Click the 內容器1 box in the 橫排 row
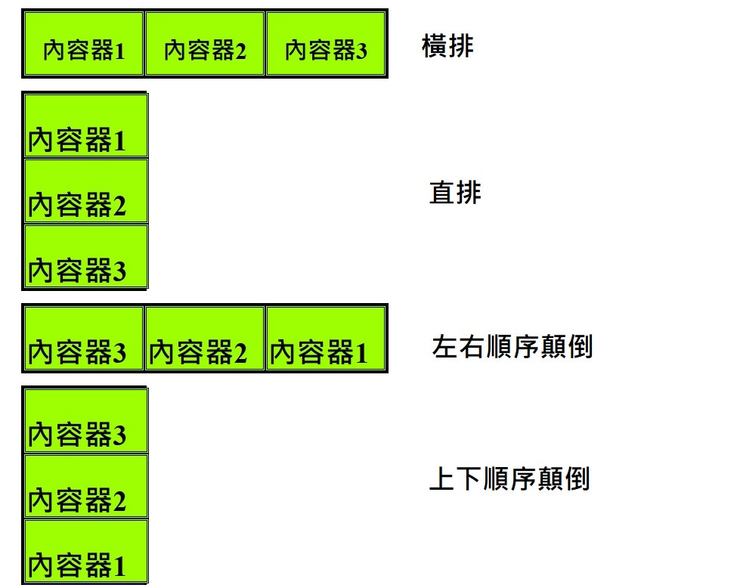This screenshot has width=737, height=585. [84, 44]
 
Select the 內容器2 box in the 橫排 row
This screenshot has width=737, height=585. [205, 44]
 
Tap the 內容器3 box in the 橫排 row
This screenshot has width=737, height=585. [326, 44]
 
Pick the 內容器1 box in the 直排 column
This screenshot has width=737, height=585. [85, 125]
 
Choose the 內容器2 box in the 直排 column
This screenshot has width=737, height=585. [85, 191]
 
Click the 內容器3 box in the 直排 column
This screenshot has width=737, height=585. [85, 256]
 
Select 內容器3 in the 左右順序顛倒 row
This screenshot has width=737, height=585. [84, 338]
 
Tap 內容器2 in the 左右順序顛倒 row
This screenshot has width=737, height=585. [205, 338]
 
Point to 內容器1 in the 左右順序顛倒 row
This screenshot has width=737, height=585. [326, 338]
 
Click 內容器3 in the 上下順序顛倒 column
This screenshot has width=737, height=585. [85, 420]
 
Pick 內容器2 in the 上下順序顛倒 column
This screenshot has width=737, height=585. [85, 486]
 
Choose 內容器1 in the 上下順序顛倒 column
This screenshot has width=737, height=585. [85, 551]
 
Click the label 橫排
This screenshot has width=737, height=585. [447, 47]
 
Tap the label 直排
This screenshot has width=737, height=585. [455, 193]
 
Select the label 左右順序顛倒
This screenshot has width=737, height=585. [512, 347]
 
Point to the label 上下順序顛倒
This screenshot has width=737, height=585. [509, 479]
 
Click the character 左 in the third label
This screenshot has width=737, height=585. [444, 347]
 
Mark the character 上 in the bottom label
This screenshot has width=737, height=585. [441, 479]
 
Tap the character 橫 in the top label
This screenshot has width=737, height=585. [435, 47]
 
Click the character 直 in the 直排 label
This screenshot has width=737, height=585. [442, 193]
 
